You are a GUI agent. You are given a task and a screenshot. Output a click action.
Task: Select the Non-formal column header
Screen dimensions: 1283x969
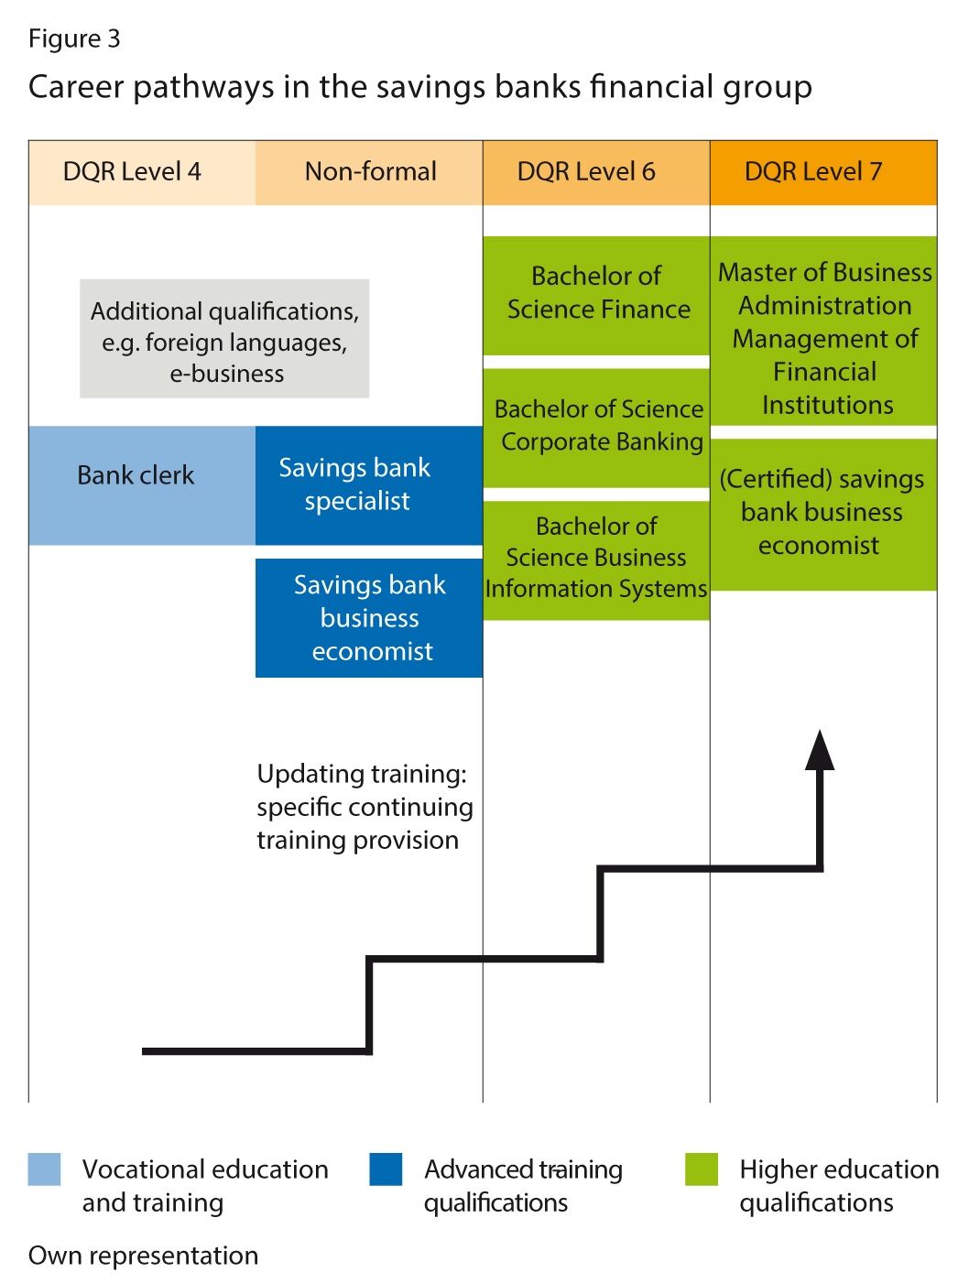point(369,172)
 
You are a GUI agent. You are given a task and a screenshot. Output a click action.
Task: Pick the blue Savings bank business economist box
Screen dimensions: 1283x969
point(368,618)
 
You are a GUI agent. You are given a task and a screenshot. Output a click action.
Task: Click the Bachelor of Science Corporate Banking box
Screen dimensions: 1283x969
point(596,427)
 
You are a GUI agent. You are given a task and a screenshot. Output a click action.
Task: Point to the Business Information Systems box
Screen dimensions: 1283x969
point(596,559)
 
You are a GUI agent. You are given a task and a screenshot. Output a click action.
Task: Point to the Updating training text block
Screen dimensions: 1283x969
point(365,807)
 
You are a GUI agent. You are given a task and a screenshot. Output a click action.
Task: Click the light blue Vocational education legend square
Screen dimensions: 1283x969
point(44,1169)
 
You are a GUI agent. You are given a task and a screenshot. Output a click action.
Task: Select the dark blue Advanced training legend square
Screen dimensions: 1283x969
point(386,1169)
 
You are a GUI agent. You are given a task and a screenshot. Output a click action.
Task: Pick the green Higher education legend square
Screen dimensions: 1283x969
point(702,1169)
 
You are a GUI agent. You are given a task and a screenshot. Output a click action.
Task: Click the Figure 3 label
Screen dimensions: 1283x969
point(74,38)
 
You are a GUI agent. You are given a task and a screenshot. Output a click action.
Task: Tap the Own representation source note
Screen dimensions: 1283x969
point(143,1256)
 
